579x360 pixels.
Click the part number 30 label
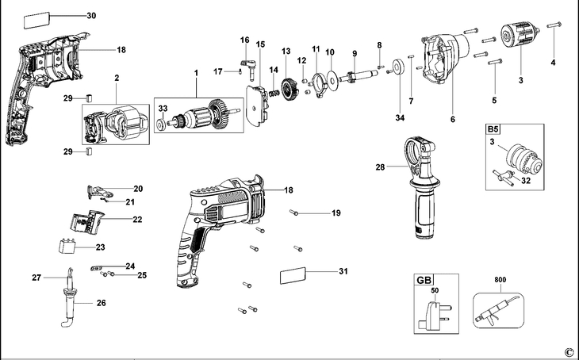coord(91,16)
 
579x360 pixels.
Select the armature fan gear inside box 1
coord(219,114)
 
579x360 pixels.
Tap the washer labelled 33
coord(161,124)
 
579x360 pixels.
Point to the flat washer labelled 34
coord(398,67)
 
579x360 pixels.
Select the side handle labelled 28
coord(422,187)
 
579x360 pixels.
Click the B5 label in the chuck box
coord(493,129)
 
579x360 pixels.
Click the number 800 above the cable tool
coord(500,279)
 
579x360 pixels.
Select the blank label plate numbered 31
coord(293,275)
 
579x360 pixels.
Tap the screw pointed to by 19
coord(293,213)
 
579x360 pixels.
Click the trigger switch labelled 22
coord(86,220)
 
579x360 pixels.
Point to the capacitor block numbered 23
coord(67,246)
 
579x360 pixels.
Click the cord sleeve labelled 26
coord(70,305)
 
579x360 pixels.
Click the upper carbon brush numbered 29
coord(89,98)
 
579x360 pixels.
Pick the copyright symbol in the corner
coord(569,351)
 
